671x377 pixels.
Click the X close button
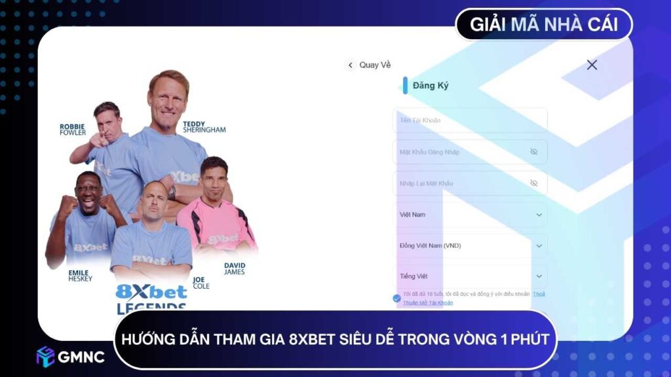point(592,65)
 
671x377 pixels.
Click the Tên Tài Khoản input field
point(469,120)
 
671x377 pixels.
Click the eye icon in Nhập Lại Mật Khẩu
point(533,183)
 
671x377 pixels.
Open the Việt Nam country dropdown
point(469,215)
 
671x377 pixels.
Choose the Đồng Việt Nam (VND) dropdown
point(469,246)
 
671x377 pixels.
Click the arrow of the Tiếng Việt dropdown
point(539,277)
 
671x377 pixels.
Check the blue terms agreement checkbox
point(397,298)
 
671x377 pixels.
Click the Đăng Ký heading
point(431,86)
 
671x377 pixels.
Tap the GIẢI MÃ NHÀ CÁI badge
point(544,25)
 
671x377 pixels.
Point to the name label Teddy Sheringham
point(204,126)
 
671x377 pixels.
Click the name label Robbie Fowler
point(73,130)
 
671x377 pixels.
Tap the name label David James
point(234,268)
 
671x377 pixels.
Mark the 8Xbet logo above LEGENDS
point(151,292)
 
